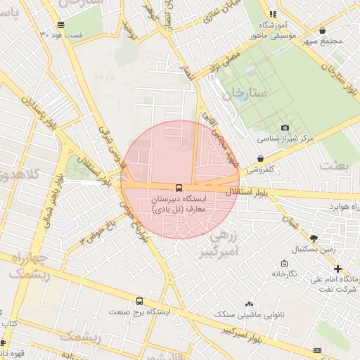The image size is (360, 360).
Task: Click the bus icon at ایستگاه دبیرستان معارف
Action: [179, 188]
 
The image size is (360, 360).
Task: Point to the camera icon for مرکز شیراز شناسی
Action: [285, 128]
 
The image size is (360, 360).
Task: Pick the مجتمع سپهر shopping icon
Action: [322, 31]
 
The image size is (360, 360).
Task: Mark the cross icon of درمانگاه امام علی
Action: [338, 268]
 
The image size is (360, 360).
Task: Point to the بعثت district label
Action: [334, 165]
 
